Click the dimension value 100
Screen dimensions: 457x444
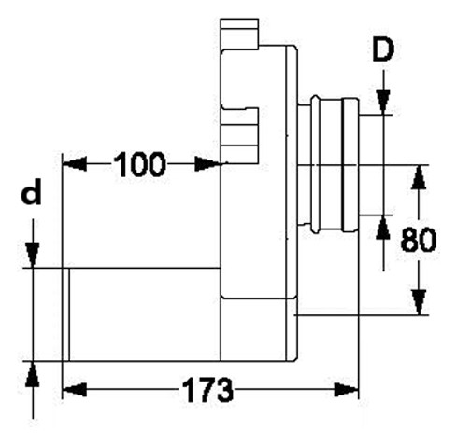139,164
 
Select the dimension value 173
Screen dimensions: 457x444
207,390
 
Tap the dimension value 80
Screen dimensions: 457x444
419,239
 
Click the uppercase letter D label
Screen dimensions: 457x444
383,49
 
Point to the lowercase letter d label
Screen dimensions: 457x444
31,191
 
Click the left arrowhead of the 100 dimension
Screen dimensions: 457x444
75,164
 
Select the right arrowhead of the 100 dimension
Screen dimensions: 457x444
207,164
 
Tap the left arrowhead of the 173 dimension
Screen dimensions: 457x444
75,390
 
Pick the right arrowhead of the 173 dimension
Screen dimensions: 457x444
347,390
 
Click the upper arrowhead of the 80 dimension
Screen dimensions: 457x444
419,177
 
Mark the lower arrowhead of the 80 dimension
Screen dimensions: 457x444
419,302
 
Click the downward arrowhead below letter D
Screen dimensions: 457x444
383,102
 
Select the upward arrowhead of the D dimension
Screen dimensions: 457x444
383,228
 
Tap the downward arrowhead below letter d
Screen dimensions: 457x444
33,255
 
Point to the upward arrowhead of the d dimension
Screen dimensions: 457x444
33,374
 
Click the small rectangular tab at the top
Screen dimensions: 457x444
239,34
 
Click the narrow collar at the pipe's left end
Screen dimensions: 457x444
65,314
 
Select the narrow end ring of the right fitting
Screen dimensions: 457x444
350,165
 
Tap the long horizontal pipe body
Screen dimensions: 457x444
145,314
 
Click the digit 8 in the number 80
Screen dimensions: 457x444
409,239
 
